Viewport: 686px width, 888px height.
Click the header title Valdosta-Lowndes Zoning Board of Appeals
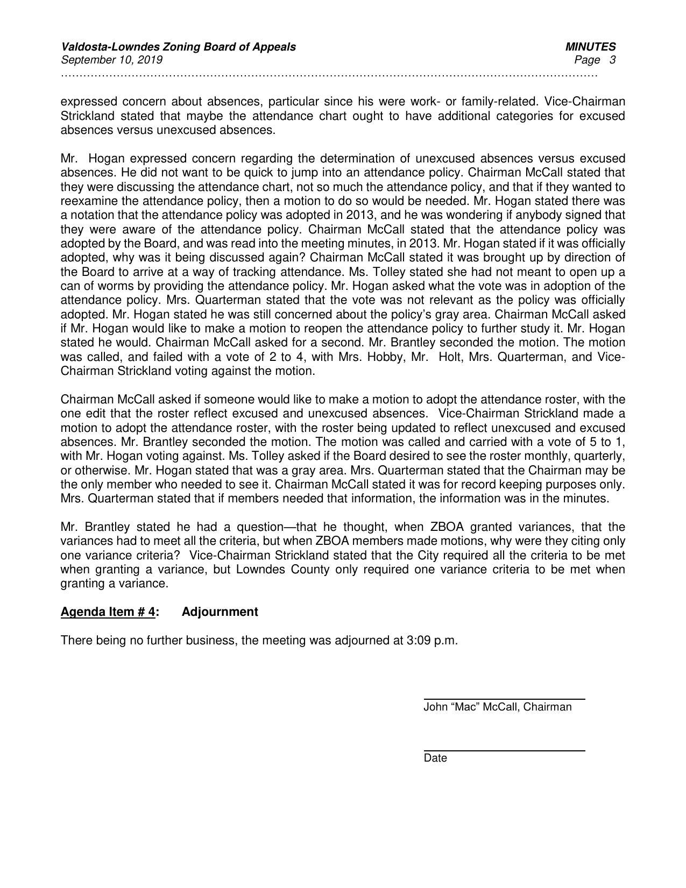coord(178,47)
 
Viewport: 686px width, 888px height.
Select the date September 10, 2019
coord(111,60)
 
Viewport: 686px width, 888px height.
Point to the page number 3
coord(612,60)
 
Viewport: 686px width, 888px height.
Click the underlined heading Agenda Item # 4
coord(108,612)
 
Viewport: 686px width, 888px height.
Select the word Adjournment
coord(220,612)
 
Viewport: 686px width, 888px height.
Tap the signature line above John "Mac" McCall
coord(504,699)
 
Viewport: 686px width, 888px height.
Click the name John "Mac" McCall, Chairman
coord(497,707)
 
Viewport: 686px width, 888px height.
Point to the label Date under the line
coord(435,758)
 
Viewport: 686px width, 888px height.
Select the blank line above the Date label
coord(504,750)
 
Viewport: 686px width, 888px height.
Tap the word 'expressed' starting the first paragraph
coord(88,102)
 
